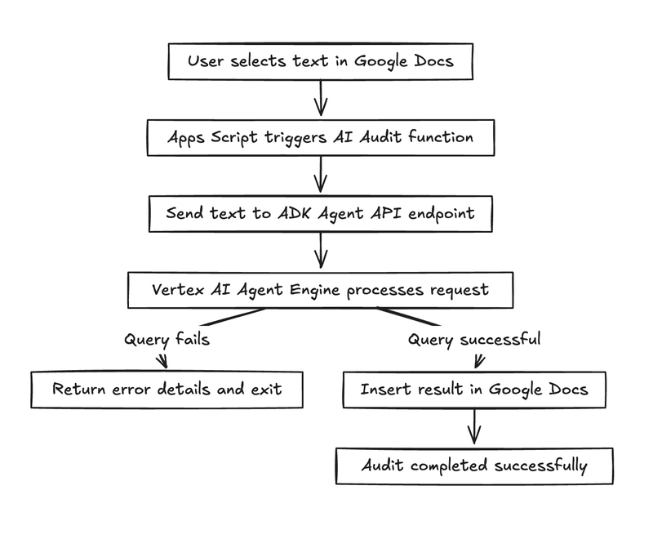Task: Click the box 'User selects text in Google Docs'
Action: pyautogui.click(x=321, y=62)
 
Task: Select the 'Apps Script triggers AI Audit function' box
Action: pyautogui.click(x=321, y=137)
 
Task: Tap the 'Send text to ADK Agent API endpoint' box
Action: pyautogui.click(x=321, y=213)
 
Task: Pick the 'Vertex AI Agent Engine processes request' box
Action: pyautogui.click(x=321, y=290)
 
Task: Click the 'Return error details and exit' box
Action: pyautogui.click(x=167, y=389)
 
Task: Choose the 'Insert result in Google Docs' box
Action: pyautogui.click(x=473, y=389)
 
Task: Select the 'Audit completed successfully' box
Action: pyautogui.click(x=473, y=466)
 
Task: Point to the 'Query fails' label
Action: pyautogui.click(x=167, y=339)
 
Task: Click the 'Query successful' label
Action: pyautogui.click(x=473, y=339)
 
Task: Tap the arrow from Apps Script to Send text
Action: pyautogui.click(x=321, y=175)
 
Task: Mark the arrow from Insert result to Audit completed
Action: pyautogui.click(x=473, y=427)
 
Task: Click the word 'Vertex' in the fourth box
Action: pyautogui.click(x=175, y=290)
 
